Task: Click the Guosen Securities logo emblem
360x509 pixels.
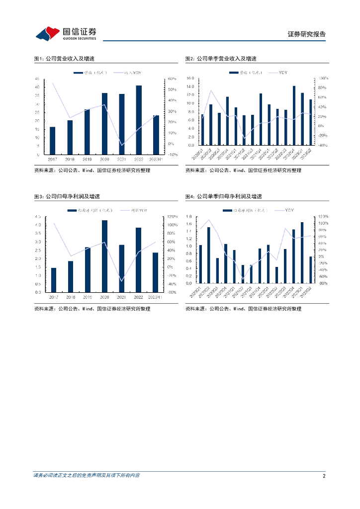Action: click(48, 33)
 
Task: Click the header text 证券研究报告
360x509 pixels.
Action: click(307, 34)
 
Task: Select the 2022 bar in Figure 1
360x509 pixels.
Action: click(139, 119)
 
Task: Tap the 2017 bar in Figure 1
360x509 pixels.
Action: click(52, 140)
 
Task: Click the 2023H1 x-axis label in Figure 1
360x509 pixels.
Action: click(156, 159)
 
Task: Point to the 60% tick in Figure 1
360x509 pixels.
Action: click(172, 79)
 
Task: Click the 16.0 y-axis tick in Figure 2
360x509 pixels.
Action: click(189, 79)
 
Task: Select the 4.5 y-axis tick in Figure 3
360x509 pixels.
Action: click(38, 217)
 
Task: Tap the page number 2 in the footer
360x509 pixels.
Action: click(324, 476)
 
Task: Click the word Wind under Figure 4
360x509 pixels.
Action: click(238, 309)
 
